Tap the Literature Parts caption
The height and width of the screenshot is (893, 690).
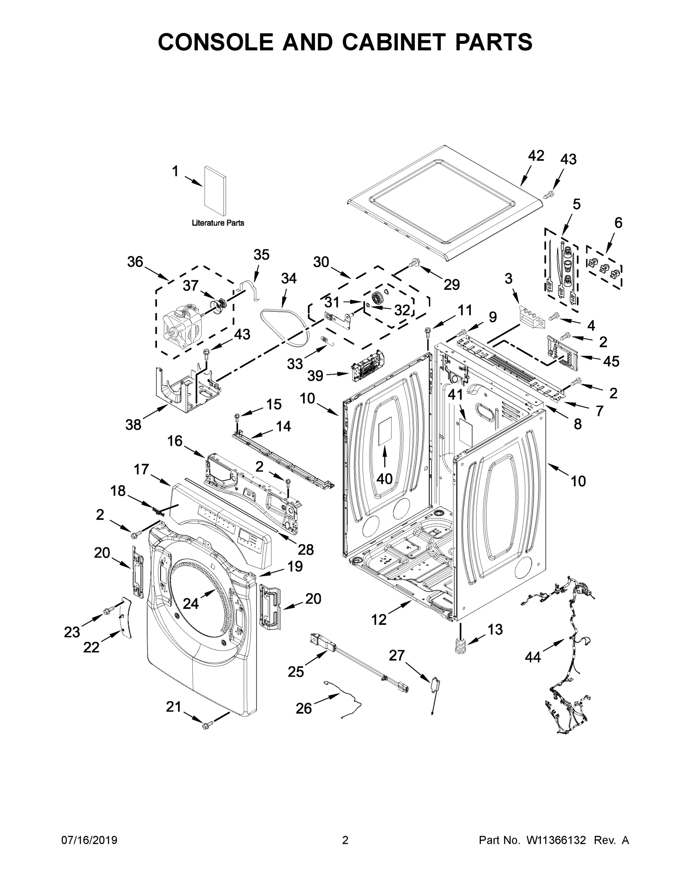tap(218, 223)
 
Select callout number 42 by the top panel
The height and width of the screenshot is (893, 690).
tap(536, 156)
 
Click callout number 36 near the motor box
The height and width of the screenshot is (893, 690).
tap(135, 262)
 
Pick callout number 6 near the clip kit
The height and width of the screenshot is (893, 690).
tap(618, 223)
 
